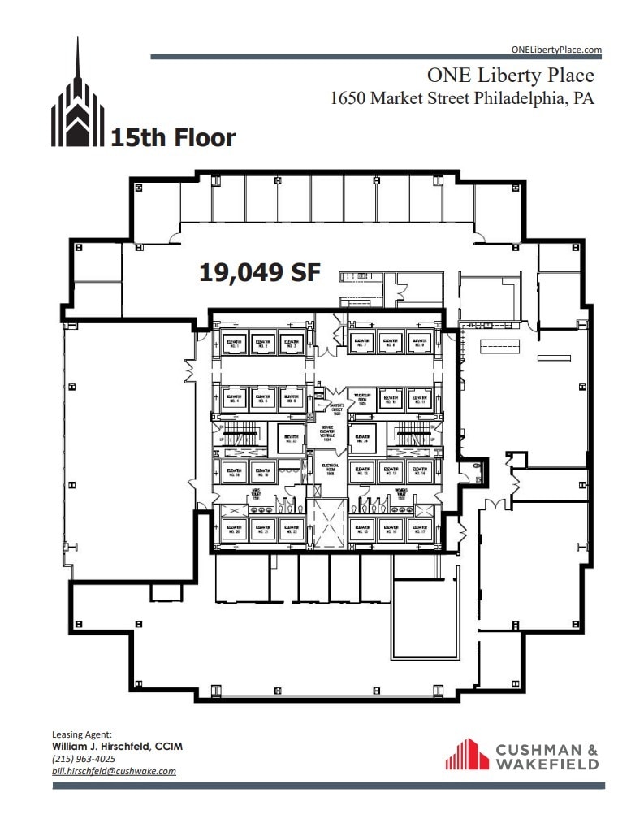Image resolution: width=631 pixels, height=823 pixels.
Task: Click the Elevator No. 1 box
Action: tap(236, 342)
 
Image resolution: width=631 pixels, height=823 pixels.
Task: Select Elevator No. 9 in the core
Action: tap(418, 342)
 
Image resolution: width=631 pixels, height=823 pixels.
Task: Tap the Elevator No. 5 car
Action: tap(261, 398)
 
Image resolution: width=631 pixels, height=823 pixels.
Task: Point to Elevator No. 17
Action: tap(418, 530)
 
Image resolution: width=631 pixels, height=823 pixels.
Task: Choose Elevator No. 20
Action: tap(236, 530)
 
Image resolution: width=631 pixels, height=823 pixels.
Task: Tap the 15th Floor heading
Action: tap(173, 138)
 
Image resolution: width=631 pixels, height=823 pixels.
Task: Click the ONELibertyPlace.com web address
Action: tap(556, 50)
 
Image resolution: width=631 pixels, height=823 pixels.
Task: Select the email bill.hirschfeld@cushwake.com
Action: tap(114, 771)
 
